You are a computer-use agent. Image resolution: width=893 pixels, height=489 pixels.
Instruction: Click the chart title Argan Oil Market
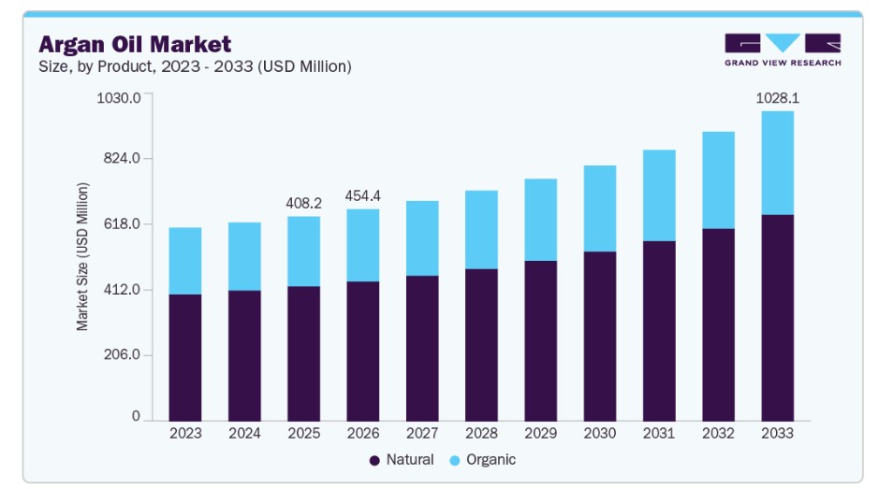click(135, 44)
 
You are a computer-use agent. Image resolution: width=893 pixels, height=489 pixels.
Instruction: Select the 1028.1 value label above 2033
click(777, 98)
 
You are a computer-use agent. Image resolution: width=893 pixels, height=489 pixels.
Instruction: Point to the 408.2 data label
click(303, 203)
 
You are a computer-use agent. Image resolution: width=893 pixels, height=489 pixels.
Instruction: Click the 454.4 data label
click(363, 196)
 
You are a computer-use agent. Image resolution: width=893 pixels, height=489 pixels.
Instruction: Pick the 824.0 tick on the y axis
click(122, 158)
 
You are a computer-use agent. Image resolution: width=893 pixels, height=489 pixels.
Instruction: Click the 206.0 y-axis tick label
click(122, 354)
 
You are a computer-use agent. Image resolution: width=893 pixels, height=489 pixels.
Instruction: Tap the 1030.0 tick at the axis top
click(119, 98)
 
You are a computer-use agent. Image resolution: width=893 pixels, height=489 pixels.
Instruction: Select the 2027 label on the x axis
click(422, 433)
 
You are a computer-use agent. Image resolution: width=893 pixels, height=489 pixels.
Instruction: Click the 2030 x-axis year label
click(600, 433)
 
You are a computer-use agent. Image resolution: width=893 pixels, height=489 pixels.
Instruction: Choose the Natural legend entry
click(402, 459)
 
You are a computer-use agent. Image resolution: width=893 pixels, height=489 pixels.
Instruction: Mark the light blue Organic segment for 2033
click(777, 164)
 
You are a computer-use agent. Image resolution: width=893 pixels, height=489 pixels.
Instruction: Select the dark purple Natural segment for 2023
click(185, 358)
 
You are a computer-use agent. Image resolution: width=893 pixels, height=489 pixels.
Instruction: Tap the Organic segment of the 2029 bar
click(540, 220)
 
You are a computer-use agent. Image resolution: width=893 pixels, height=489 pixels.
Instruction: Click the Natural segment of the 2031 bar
click(659, 331)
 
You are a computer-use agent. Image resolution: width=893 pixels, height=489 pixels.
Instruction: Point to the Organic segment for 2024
click(244, 256)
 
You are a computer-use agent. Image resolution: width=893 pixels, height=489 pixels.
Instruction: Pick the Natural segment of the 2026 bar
click(363, 352)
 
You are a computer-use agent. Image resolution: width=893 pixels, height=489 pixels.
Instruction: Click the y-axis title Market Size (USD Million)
click(82, 256)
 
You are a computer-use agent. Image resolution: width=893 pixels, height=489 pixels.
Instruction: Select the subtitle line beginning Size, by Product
click(195, 67)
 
